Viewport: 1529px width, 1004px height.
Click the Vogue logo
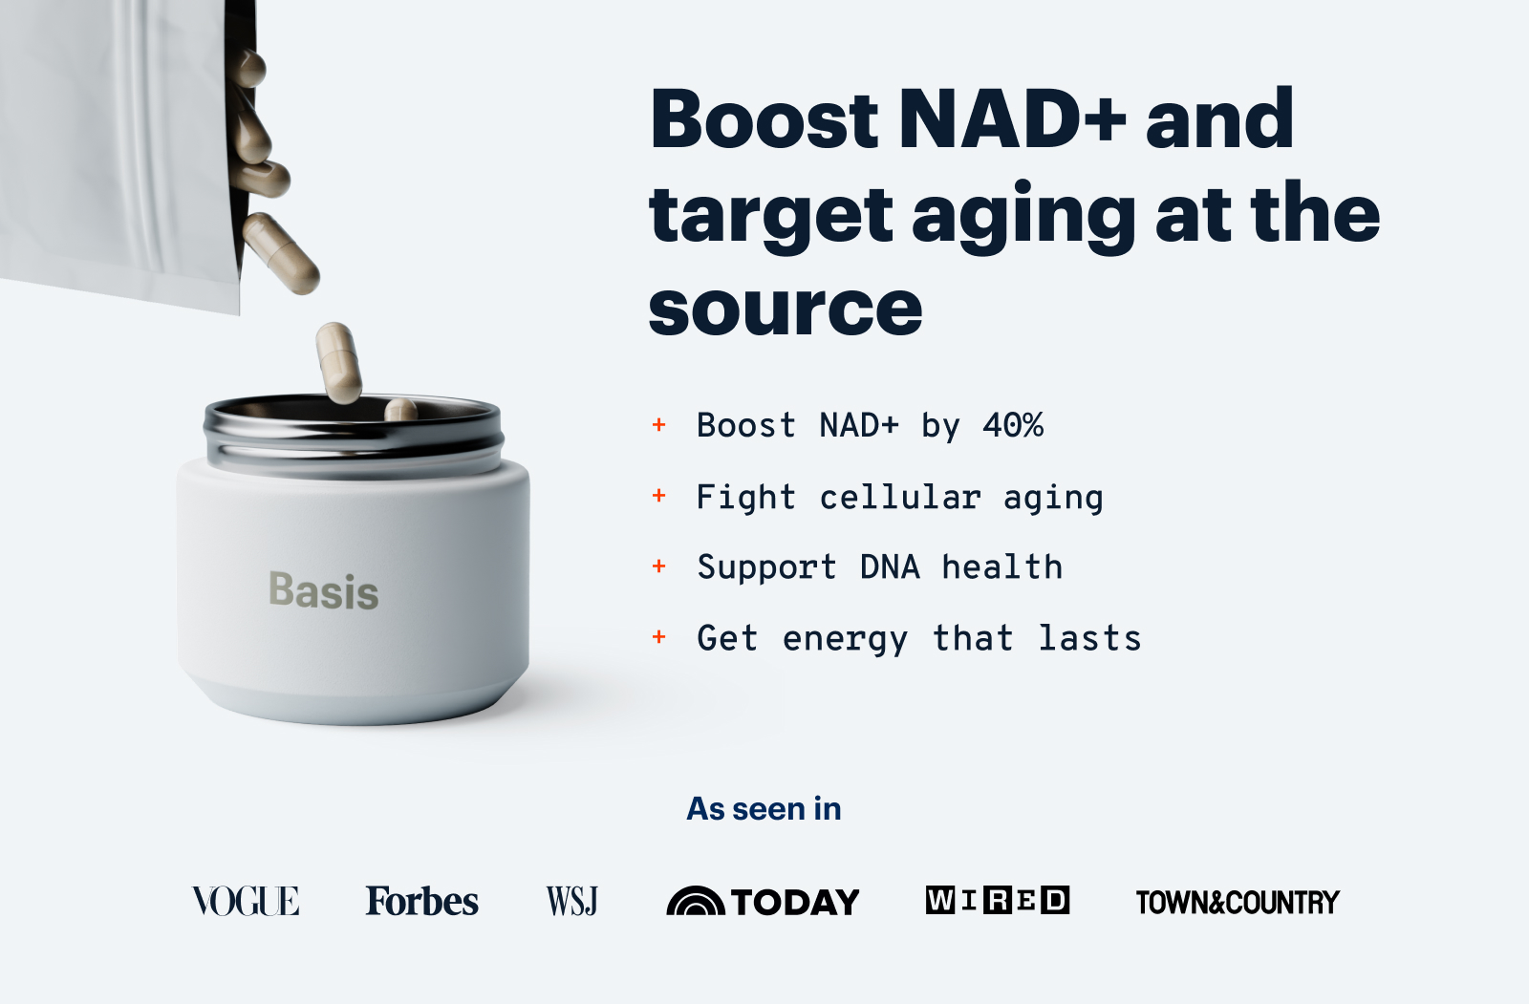click(x=246, y=901)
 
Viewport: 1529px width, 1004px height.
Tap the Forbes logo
click(x=421, y=901)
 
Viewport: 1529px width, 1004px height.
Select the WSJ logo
click(x=571, y=901)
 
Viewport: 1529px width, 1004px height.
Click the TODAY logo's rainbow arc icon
click(x=695, y=902)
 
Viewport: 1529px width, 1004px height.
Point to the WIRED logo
click(x=997, y=900)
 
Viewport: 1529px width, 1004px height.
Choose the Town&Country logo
click(x=1237, y=902)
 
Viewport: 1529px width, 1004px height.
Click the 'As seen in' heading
click(x=764, y=809)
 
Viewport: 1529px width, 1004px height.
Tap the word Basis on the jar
click(x=324, y=590)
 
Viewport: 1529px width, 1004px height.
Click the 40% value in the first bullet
click(x=1013, y=425)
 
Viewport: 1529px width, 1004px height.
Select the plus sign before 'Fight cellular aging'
click(x=658, y=496)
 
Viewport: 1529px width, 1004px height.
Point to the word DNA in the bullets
click(x=889, y=567)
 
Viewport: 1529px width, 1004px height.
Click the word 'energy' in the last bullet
click(x=845, y=639)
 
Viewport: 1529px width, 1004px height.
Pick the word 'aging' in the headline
click(x=1023, y=216)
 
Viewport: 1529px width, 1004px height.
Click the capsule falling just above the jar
click(x=339, y=362)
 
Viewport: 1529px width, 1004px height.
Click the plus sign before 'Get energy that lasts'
click(x=658, y=637)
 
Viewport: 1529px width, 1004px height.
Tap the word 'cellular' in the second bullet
click(x=899, y=497)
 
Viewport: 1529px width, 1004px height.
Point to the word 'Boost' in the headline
click(x=764, y=119)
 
